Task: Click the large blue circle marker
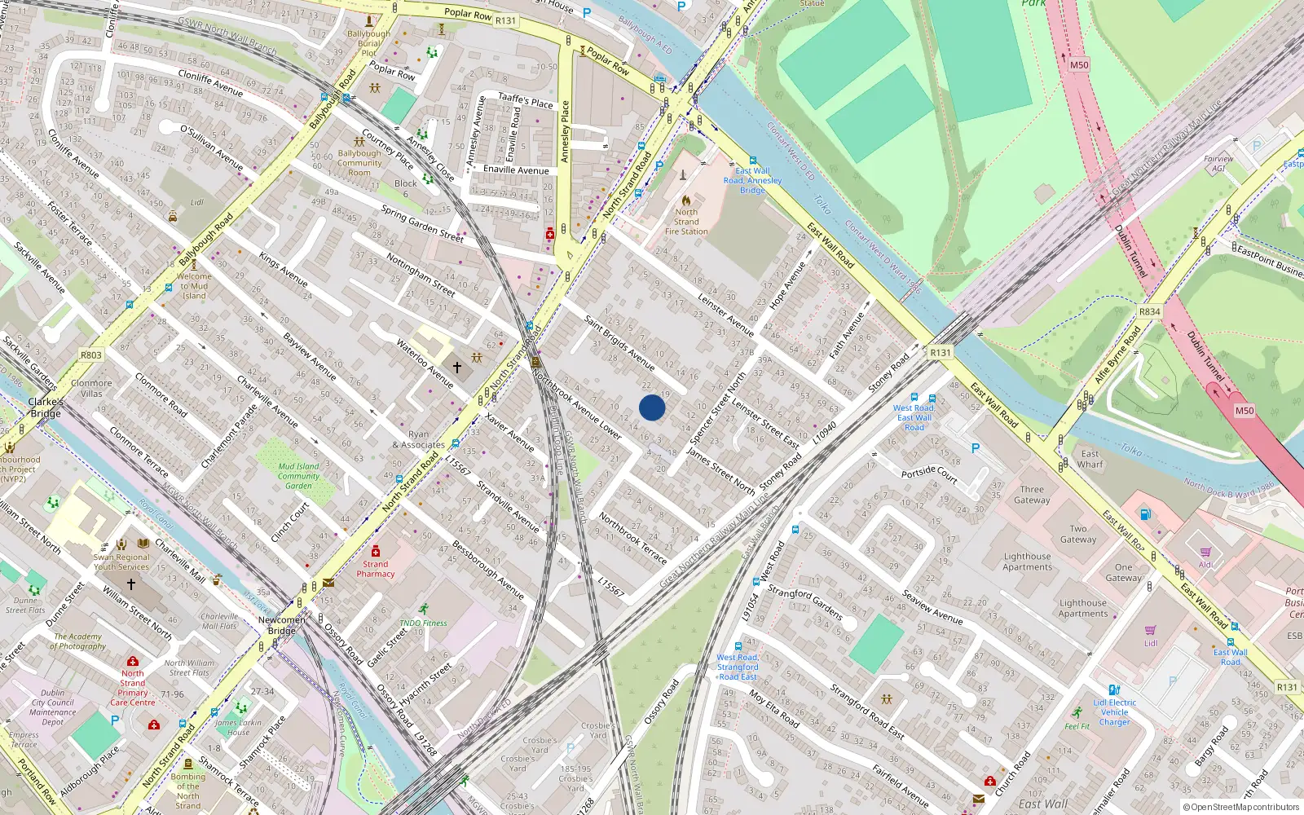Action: point(652,407)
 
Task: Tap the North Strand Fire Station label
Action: point(686,222)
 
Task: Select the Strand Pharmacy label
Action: point(375,569)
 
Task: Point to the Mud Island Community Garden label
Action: point(298,476)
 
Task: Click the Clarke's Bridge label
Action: point(46,407)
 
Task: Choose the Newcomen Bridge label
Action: point(282,625)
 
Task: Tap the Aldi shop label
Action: point(1205,564)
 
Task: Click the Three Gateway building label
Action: point(1032,495)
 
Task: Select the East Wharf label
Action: point(1090,459)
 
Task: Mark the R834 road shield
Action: point(1149,312)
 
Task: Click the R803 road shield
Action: point(91,355)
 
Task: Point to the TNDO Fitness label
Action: point(423,623)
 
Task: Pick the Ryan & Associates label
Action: point(418,440)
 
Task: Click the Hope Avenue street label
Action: point(787,284)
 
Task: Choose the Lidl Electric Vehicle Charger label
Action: point(1114,712)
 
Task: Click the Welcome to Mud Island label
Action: point(194,286)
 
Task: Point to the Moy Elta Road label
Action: point(774,709)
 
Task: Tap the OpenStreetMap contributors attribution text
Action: point(1241,808)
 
